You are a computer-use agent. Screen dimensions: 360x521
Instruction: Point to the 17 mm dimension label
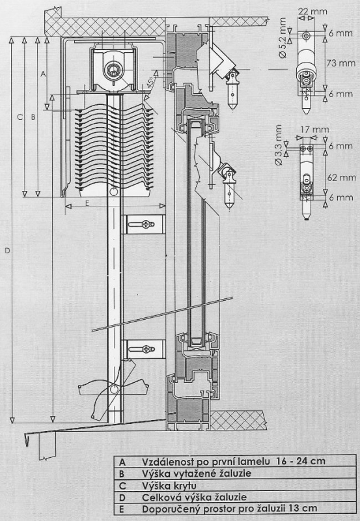click(x=315, y=130)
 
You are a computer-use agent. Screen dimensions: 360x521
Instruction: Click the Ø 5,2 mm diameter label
click(x=283, y=38)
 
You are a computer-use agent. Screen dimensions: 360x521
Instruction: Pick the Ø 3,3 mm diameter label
click(x=279, y=145)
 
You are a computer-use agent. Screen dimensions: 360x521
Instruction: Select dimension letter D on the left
click(x=7, y=251)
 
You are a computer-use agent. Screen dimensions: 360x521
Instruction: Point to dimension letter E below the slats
click(x=87, y=203)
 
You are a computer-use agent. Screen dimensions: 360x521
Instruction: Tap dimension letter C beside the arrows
click(x=20, y=117)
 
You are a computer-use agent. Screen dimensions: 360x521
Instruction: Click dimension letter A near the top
click(x=43, y=74)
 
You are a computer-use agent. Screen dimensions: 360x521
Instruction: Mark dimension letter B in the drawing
click(x=33, y=117)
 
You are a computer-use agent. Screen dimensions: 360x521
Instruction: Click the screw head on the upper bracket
click(x=146, y=224)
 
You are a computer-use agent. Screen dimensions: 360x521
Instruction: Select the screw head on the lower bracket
click(x=146, y=349)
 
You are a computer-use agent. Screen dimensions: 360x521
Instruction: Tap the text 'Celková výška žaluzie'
click(x=194, y=497)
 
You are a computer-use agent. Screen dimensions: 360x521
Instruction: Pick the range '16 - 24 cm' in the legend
click(x=301, y=461)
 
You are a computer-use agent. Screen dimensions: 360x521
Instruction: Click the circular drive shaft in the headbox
click(x=113, y=70)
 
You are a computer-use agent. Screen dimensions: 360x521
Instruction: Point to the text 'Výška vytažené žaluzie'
click(x=197, y=473)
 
